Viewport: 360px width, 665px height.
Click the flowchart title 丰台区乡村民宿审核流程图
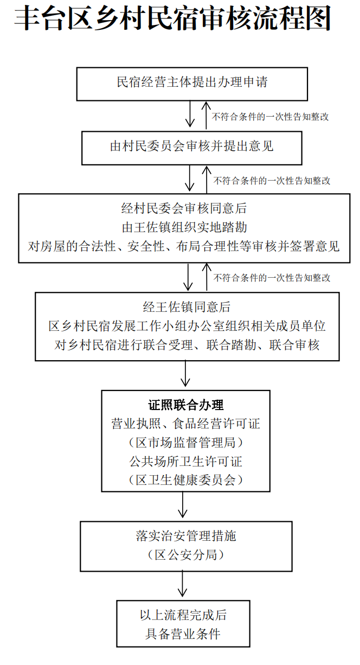[172, 20]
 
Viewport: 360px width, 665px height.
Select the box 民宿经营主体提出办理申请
[192, 83]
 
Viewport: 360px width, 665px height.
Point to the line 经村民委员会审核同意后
[184, 208]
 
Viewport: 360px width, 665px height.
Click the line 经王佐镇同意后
[187, 308]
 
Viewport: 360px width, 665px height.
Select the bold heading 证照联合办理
[185, 405]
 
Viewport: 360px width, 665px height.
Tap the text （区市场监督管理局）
[185, 443]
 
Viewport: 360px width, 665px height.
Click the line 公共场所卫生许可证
[185, 461]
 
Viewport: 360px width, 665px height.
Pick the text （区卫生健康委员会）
[185, 479]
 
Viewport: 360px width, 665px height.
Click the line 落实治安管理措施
[186, 536]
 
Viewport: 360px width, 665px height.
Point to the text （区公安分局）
[186, 555]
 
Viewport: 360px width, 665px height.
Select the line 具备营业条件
[183, 634]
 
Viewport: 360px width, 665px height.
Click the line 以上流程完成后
[183, 615]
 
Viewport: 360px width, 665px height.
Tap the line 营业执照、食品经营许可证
[185, 424]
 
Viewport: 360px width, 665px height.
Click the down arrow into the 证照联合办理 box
[186, 375]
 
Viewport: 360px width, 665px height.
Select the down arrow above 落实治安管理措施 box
[183, 506]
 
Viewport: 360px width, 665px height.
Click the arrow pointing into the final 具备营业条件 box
[183, 585]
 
